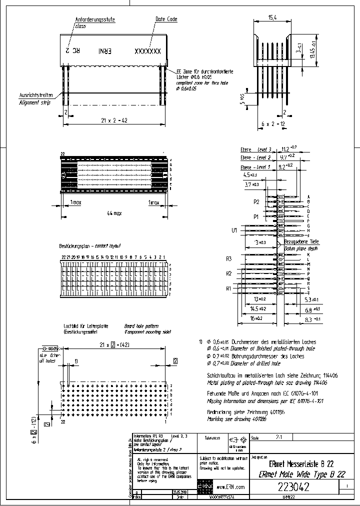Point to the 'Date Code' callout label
tap(166, 19)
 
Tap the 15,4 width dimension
tap(272, 17)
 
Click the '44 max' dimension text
tap(113, 213)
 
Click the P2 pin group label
tap(256, 201)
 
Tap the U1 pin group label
tap(233, 230)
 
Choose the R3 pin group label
tap(229, 259)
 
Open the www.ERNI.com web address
tap(231, 486)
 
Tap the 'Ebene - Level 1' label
tap(255, 167)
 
